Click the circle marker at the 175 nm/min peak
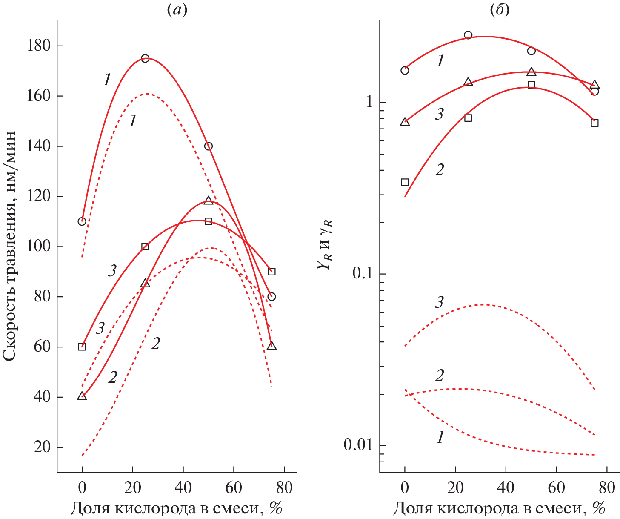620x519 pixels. click(145, 58)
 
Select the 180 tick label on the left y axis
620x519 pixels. click(39, 46)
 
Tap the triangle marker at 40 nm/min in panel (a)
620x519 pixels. click(82, 396)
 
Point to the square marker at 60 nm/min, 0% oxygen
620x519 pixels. click(82, 347)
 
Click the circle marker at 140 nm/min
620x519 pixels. click(208, 146)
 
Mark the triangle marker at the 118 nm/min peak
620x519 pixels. click(208, 201)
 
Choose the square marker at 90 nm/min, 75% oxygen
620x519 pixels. click(271, 272)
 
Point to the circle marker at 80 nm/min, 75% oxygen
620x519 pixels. click(271, 297)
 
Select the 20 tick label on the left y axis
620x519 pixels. click(43, 447)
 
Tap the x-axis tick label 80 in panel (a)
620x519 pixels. click(284, 487)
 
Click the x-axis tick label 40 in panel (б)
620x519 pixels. click(506, 487)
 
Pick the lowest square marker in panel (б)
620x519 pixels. click(405, 182)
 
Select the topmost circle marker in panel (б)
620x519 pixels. click(468, 35)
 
